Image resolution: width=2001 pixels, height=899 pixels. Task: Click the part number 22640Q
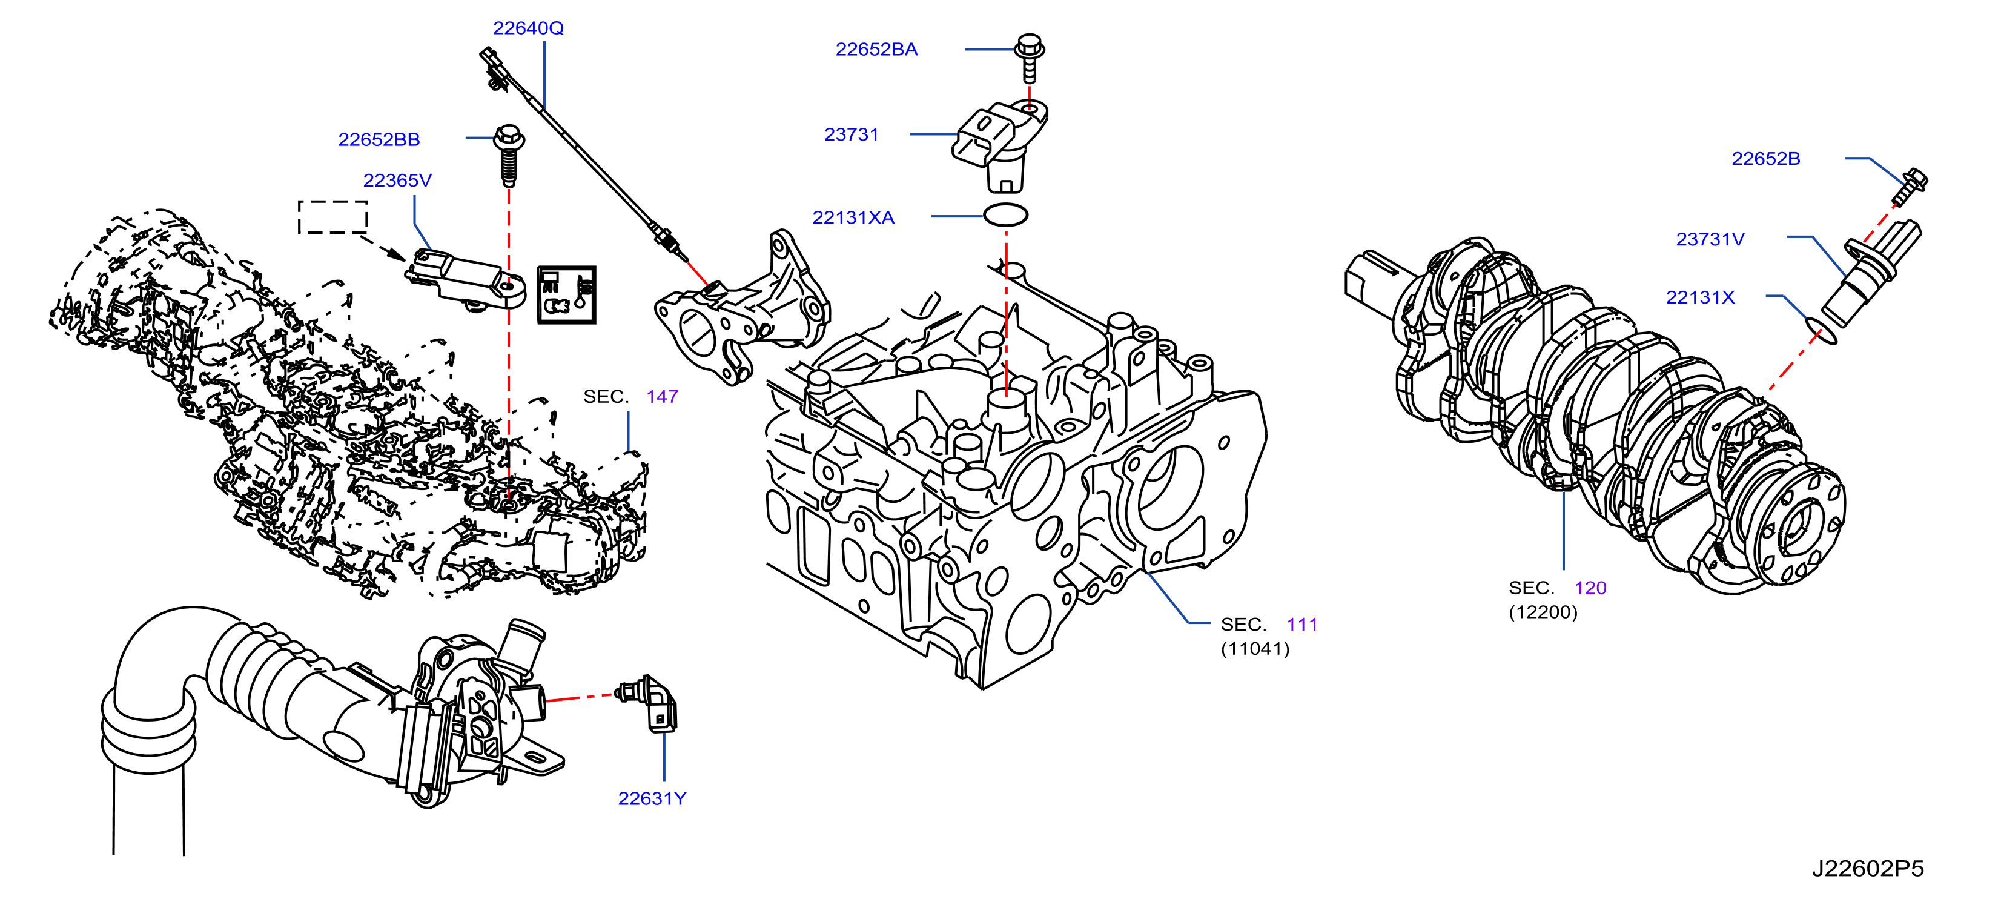coord(528,28)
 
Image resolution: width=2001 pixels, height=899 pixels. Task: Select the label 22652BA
coord(876,49)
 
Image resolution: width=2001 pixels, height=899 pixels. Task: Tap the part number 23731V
coord(1710,239)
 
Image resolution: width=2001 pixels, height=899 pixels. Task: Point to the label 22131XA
coord(853,217)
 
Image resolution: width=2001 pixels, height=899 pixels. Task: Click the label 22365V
coord(397,181)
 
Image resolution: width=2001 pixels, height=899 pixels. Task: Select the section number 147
coord(662,396)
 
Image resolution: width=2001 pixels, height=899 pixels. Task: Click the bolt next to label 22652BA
coord(1029,58)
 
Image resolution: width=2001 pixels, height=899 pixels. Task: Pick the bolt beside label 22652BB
coord(509,156)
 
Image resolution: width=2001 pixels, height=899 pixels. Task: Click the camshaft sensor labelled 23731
coord(1000,145)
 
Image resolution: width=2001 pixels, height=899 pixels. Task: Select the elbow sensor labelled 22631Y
coord(646,704)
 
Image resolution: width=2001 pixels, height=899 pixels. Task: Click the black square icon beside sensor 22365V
coord(566,294)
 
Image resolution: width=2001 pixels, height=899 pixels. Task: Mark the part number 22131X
coord(1699,297)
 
